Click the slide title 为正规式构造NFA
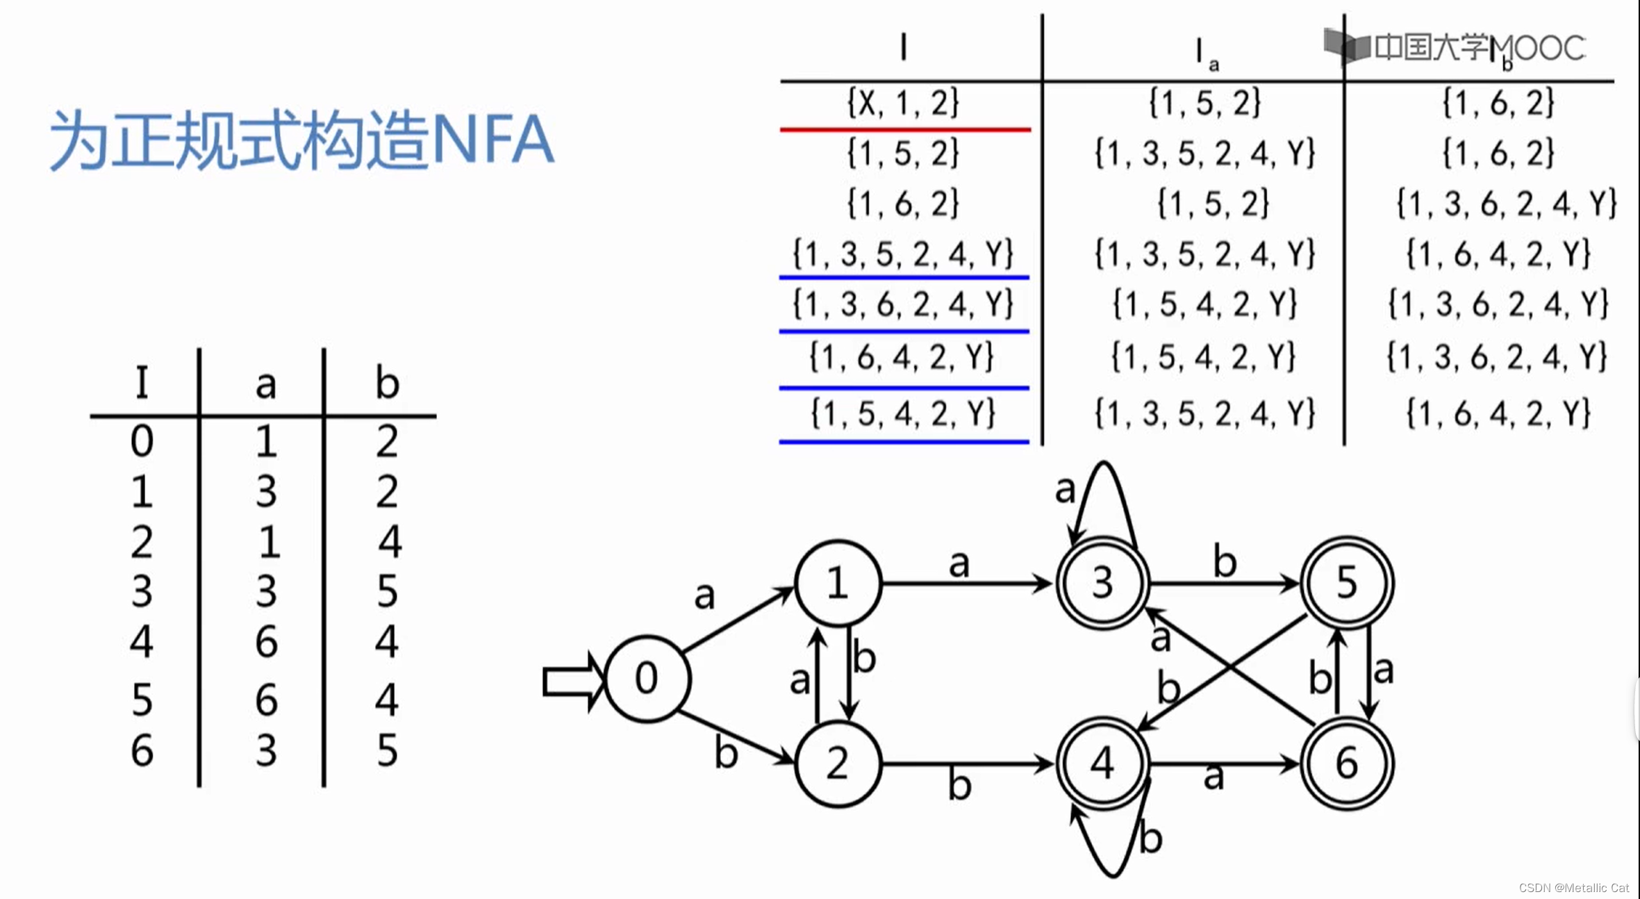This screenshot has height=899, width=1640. [x=301, y=140]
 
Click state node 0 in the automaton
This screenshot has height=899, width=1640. [x=647, y=679]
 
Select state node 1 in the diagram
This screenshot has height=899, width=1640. [x=838, y=583]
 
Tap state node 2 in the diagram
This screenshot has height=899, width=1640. [x=838, y=764]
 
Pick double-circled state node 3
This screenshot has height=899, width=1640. [x=1102, y=583]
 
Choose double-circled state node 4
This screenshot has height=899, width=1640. [x=1102, y=764]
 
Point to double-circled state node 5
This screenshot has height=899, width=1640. [x=1347, y=583]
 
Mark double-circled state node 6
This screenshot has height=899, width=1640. [x=1347, y=764]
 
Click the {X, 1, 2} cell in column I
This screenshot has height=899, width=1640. [x=903, y=103]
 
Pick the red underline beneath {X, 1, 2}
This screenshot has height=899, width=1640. [x=904, y=129]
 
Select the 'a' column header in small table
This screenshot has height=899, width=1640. [x=265, y=383]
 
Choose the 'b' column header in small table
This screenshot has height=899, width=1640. [x=387, y=383]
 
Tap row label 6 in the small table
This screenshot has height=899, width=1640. [x=142, y=751]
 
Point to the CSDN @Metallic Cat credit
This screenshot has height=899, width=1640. [x=1573, y=888]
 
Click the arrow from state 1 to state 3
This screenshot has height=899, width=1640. [x=966, y=583]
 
